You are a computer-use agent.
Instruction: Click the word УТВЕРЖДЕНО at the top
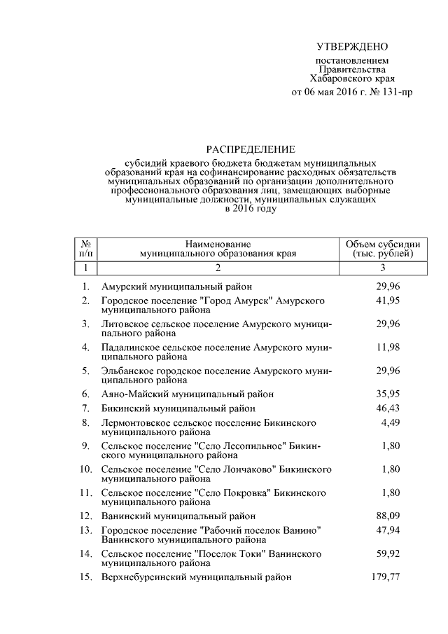(x=351, y=47)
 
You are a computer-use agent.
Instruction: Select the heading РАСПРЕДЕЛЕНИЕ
(x=250, y=149)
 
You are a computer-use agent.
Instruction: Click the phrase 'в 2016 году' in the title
(x=250, y=208)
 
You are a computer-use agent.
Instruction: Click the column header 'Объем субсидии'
(x=383, y=242)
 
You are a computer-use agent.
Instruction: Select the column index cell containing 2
(x=218, y=268)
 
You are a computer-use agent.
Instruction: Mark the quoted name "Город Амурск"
(x=236, y=301)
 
